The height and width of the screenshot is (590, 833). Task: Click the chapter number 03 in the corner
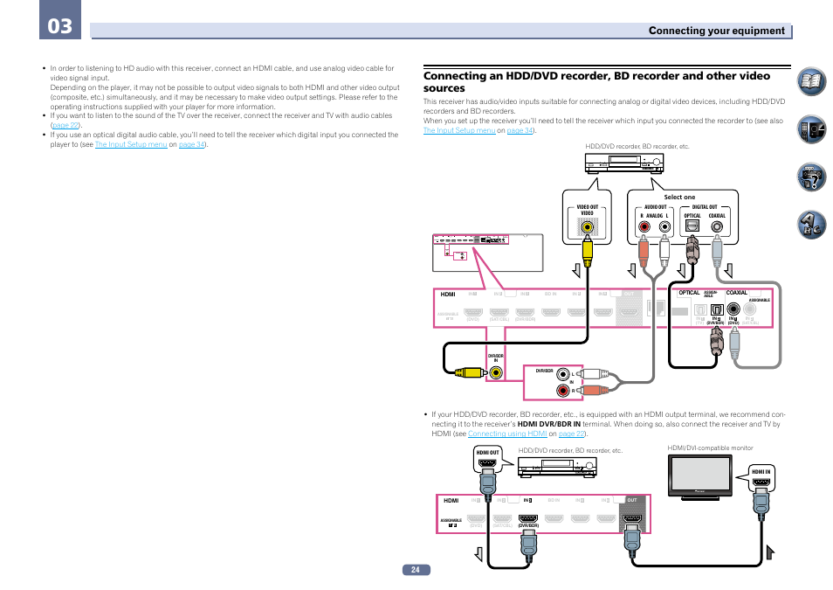[60, 26]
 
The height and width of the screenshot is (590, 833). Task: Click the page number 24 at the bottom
[416, 570]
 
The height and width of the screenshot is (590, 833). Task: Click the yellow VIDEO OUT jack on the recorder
[589, 228]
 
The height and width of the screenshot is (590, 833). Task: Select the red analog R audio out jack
[644, 227]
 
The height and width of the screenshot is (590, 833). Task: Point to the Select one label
[679, 198]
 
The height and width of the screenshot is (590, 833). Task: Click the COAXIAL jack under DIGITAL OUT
[717, 227]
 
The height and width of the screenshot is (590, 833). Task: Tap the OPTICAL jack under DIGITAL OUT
[692, 227]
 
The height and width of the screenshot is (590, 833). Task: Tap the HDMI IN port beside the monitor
[761, 482]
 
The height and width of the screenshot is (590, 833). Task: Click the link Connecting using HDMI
[506, 434]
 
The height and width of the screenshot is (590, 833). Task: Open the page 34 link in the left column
[191, 144]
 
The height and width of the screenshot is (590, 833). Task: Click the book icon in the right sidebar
[811, 85]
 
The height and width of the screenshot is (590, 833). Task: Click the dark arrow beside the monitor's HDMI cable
[771, 552]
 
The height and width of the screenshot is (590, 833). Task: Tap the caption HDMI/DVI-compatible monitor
[709, 448]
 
